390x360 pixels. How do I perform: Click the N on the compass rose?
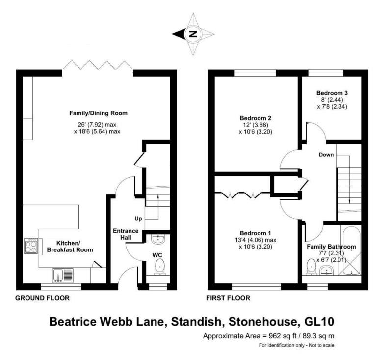coord(193,34)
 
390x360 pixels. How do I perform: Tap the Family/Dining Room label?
coord(98,113)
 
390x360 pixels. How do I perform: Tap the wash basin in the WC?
coord(158,240)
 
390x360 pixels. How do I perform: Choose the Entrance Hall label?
coord(126,235)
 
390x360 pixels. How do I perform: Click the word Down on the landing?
coord(326,155)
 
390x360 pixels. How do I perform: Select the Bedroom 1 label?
coord(256,233)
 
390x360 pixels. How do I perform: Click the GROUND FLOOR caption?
coord(42,298)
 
